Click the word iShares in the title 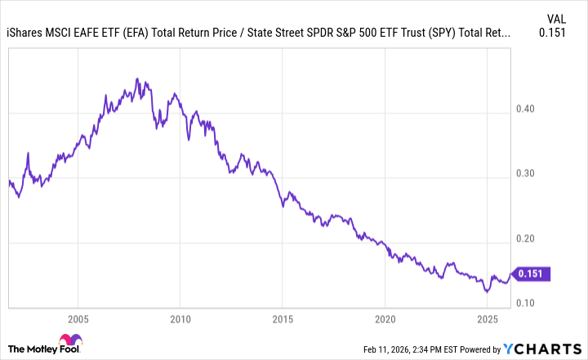25,33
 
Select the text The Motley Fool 31,348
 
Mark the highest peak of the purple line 136,79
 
